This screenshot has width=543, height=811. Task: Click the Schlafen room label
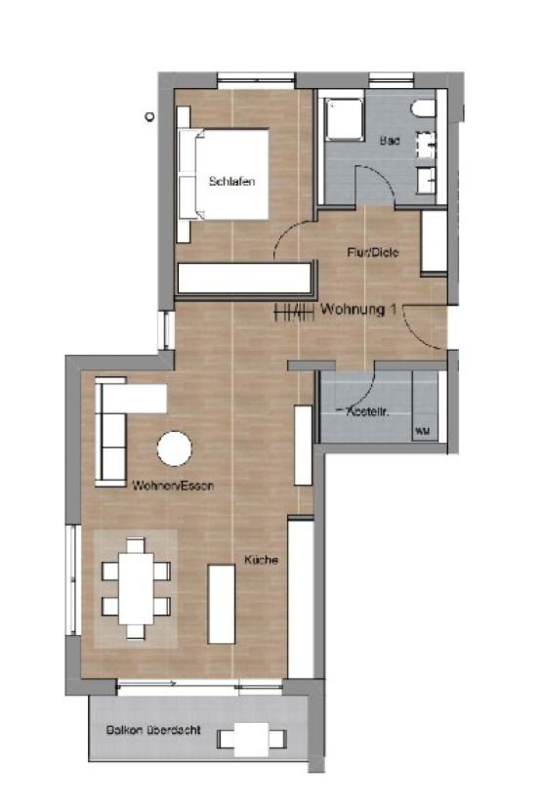pos(225,181)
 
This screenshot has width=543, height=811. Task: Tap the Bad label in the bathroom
pos(389,141)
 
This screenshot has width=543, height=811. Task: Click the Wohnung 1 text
pos(358,310)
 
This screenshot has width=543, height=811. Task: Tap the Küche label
pos(262,560)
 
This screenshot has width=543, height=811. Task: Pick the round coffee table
pos(175,448)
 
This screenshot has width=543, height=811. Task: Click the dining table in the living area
pos(136,591)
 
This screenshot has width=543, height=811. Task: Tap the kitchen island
pos(222,604)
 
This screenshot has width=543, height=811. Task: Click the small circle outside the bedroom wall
pos(148,115)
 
